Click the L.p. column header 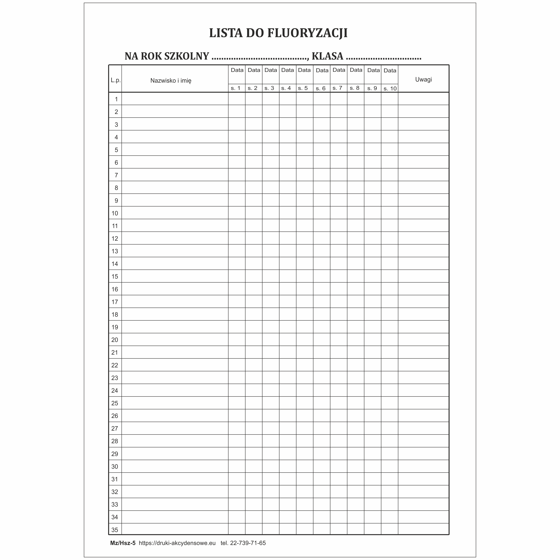point(115,80)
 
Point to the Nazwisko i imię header point(171,81)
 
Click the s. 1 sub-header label point(235,88)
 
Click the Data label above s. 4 point(288,70)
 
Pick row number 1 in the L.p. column point(116,99)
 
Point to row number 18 point(115,314)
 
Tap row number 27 point(115,428)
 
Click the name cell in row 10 point(175,213)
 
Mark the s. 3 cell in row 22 point(271,365)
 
